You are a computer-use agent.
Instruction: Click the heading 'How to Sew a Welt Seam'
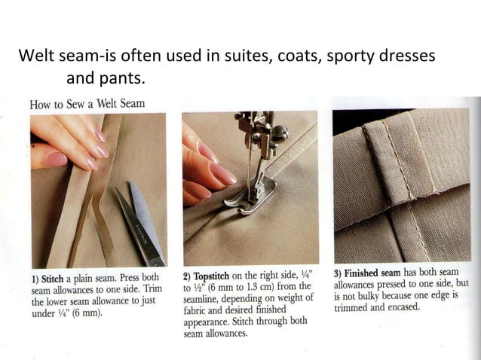(x=87, y=103)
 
